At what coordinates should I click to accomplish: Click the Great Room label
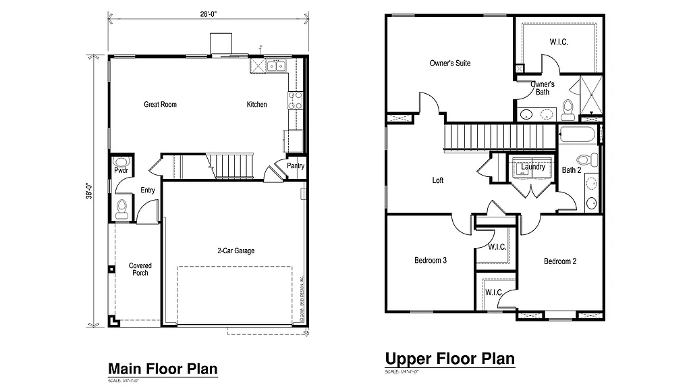point(160,105)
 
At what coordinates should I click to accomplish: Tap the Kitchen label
point(256,105)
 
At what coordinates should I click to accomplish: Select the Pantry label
point(296,166)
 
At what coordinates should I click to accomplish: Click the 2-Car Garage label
point(236,251)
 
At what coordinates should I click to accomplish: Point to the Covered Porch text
point(140,269)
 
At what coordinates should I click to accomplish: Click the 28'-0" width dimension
point(208,14)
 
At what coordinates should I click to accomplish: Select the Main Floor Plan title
point(163,369)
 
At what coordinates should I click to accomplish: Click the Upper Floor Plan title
point(449,358)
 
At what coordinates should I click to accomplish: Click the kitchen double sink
point(275,66)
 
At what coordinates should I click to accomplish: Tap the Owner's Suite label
point(450,63)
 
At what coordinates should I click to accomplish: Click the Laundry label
point(533,167)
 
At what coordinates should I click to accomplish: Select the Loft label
point(438,180)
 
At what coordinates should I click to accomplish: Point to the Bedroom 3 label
point(431,261)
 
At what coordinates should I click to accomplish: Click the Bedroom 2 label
point(560,261)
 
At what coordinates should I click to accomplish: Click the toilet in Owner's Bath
point(568,107)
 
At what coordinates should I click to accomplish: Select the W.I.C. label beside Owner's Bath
point(558,42)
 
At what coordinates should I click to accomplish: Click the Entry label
point(148,190)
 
